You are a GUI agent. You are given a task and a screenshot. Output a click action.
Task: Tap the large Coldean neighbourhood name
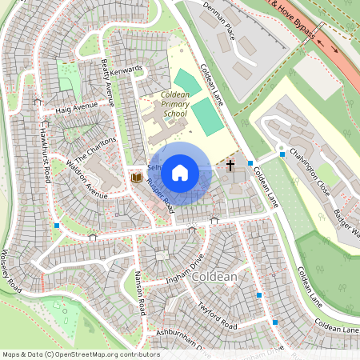tap(215, 277)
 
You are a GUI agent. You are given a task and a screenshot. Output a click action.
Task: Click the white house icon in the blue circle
tap(180, 172)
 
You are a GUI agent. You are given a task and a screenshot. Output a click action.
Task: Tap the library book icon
tap(136, 176)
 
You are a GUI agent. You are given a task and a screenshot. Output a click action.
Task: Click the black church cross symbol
tap(230, 166)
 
